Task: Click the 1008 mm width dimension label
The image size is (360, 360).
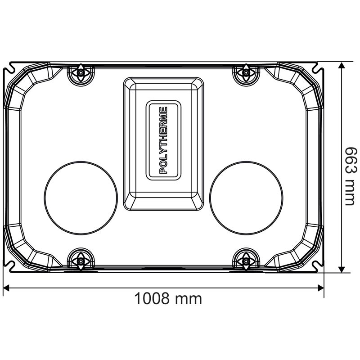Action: (168, 298)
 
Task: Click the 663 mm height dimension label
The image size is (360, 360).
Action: (351, 176)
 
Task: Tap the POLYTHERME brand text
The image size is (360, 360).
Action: (163, 140)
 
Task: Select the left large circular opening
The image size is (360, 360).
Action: (81, 198)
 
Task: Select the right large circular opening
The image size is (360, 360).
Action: (246, 198)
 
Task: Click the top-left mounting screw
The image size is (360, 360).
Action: (81, 73)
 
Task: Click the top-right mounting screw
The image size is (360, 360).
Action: (246, 73)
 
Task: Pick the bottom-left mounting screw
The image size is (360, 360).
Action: (81, 261)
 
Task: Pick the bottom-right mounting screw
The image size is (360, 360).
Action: (246, 261)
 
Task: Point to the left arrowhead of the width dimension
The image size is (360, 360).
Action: (6, 288)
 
